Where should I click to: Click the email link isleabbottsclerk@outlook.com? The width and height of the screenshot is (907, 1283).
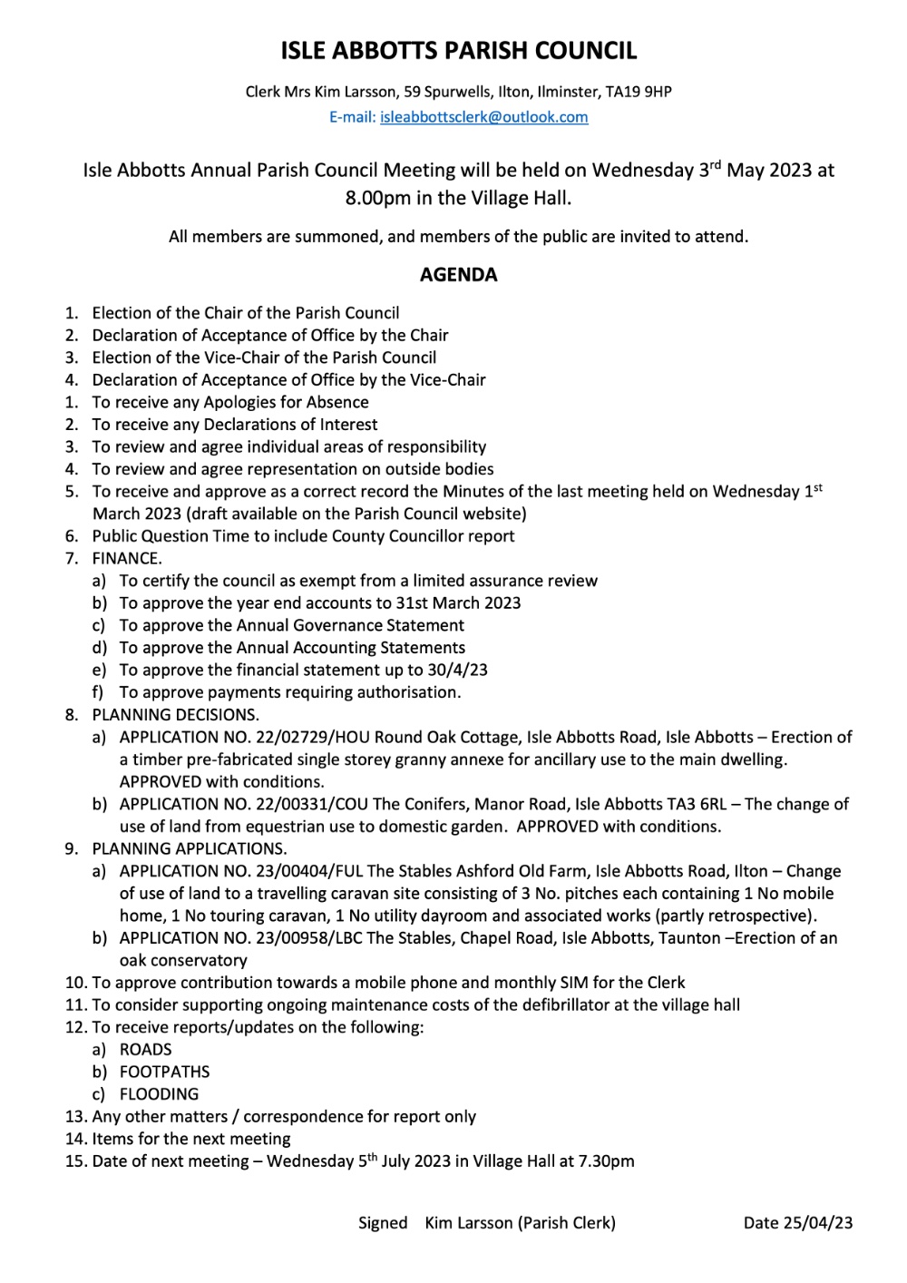click(484, 117)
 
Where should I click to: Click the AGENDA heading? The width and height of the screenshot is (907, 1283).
click(458, 275)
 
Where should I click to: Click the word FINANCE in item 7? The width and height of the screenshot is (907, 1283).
click(126, 558)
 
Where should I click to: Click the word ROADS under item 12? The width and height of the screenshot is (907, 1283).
click(146, 1050)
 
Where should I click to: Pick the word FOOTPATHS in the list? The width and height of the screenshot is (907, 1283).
click(164, 1072)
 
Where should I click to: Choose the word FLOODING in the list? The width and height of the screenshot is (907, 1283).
click(159, 1094)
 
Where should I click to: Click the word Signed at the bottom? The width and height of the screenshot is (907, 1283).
click(383, 1223)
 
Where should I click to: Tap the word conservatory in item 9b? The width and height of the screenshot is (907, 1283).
click(183, 961)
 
